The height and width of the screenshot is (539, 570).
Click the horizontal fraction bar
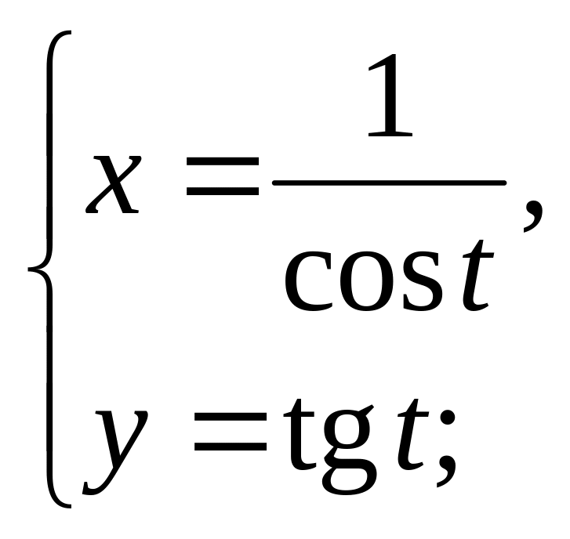pos(389,182)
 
